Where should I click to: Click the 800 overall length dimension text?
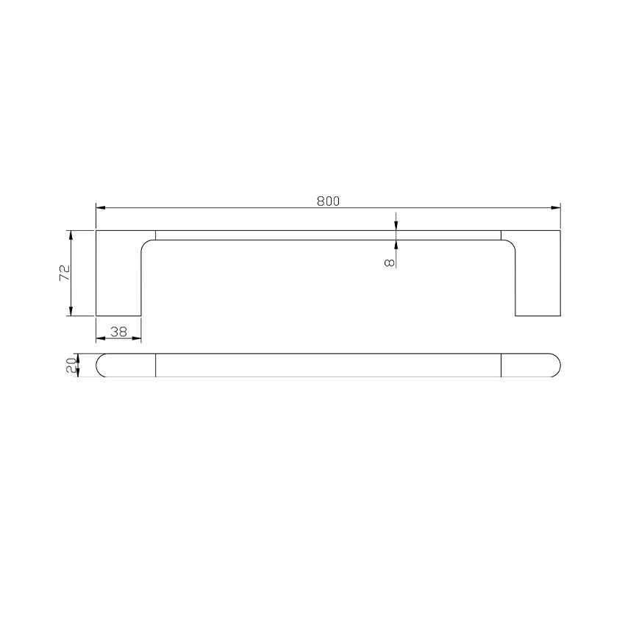tap(328, 201)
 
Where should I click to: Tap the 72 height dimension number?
tap(64, 273)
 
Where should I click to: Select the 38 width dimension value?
tap(118, 332)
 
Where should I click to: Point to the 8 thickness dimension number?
tap(390, 260)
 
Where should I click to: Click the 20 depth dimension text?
tap(71, 365)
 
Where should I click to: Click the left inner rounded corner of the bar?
tap(146, 245)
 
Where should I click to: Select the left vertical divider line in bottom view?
tap(156, 365)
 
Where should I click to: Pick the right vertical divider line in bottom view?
tap(501, 365)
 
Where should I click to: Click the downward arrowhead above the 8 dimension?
tap(396, 226)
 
